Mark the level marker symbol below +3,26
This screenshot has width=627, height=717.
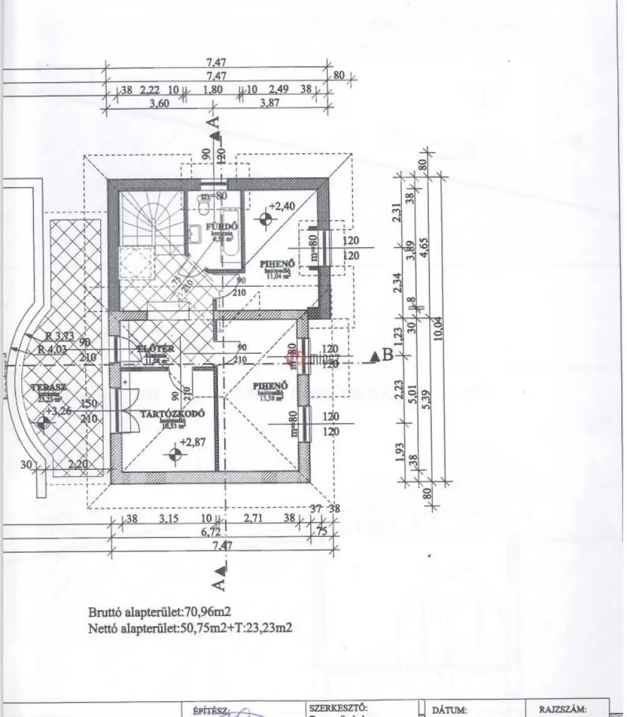tap(43, 423)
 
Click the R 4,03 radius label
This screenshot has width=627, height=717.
tap(55, 349)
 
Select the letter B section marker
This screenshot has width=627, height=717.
tap(387, 354)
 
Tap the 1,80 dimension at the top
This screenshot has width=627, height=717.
tap(213, 90)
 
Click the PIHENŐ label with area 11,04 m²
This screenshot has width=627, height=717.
tap(278, 264)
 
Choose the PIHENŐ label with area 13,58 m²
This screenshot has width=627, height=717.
tap(270, 385)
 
